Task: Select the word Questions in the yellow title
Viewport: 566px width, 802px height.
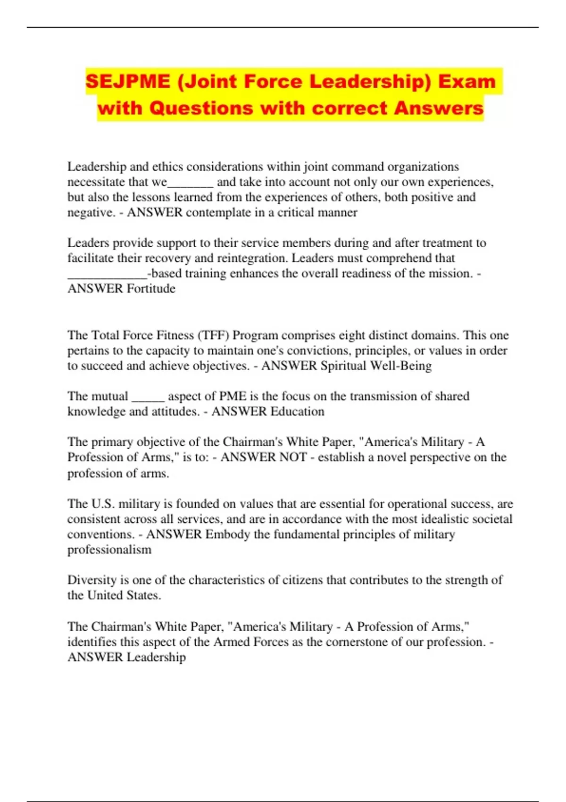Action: point(201,108)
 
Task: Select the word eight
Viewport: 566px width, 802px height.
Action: point(370,335)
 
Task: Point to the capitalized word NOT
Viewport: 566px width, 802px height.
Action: point(293,457)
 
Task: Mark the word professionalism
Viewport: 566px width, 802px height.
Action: point(109,550)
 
